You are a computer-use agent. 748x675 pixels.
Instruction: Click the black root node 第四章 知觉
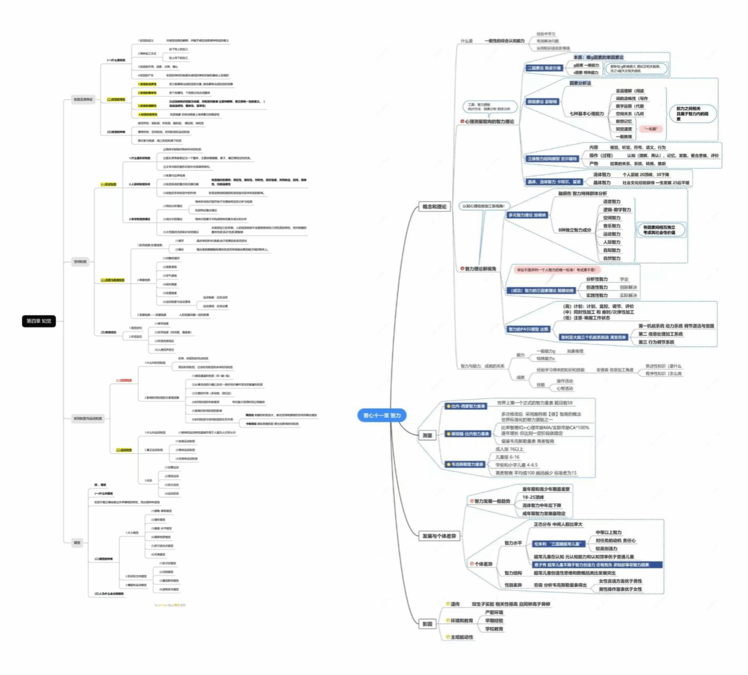[38, 321]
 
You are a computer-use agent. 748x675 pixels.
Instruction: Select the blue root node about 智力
[382, 416]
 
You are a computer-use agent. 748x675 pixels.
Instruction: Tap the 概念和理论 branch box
[434, 207]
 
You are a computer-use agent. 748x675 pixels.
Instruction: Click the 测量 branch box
[428, 435]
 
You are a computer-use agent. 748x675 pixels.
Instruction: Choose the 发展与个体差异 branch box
[439, 536]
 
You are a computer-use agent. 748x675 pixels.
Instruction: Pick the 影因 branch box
[428, 624]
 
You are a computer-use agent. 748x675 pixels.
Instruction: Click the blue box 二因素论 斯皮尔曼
[544, 68]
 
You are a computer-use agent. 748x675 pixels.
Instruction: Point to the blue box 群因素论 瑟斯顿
[542, 101]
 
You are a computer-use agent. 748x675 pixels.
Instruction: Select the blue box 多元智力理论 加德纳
[528, 215]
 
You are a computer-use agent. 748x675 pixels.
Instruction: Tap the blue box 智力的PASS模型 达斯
[528, 329]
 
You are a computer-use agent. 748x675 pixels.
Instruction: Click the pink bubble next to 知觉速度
[651, 129]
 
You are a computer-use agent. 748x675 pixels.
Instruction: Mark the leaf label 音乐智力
[611, 226]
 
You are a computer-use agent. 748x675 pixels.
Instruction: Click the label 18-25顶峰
[533, 497]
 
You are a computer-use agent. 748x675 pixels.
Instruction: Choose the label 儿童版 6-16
[507, 457]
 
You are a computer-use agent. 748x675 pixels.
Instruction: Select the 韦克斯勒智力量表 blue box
[467, 465]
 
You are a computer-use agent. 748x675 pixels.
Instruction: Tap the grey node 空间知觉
[80, 261]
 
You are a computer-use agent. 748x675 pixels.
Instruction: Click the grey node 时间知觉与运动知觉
[87, 419]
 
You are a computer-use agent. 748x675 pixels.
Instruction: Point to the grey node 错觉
[77, 542]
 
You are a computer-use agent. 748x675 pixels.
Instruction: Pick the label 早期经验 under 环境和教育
[494, 621]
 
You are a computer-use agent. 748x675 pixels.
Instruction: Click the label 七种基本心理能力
[586, 114]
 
